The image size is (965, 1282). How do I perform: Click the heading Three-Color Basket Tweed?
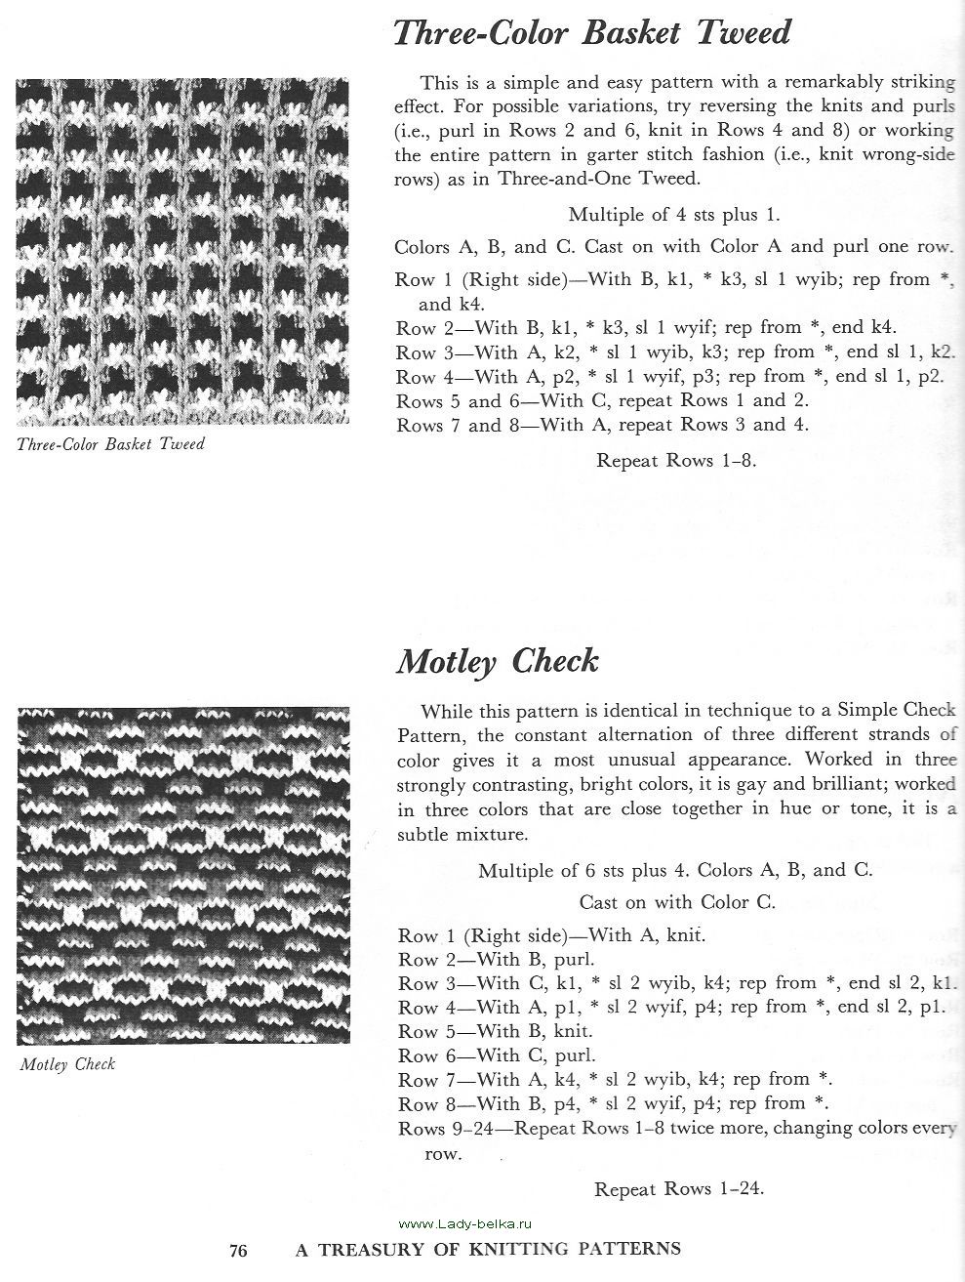click(x=590, y=33)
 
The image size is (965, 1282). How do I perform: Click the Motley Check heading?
click(x=497, y=662)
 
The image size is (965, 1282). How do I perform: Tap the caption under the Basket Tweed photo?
click(x=110, y=444)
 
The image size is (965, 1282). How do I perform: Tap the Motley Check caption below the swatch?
click(x=67, y=1063)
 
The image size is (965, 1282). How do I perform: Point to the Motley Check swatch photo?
click(x=182, y=874)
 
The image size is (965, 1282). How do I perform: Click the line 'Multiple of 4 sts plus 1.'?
click(x=674, y=215)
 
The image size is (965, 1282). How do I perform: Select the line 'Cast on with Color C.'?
click(x=677, y=902)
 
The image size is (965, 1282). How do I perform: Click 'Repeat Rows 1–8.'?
click(x=676, y=460)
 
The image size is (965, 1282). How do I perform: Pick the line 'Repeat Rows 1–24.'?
click(x=678, y=1188)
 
